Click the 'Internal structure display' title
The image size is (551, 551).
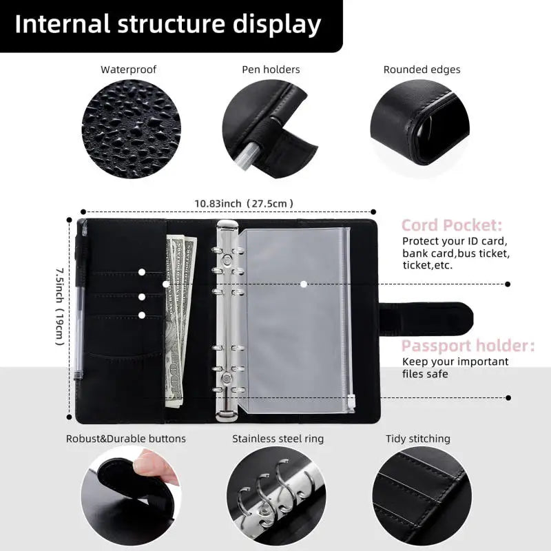pos(168,24)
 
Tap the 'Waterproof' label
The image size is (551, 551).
pos(128,70)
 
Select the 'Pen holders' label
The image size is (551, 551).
pos(271,70)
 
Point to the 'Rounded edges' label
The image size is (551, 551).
pos(422,70)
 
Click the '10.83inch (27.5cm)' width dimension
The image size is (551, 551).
pos(244,203)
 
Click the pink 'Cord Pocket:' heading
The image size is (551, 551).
pos(452,225)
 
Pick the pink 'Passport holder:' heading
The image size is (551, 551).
pos(468,346)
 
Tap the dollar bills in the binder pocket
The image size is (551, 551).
pos(180,317)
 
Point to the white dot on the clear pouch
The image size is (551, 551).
pos(304,284)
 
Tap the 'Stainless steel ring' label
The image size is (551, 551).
pos(278,439)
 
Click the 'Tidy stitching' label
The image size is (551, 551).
pos(417,439)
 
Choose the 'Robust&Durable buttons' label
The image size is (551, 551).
pos(126,439)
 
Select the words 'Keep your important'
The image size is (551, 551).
pos(455,362)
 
